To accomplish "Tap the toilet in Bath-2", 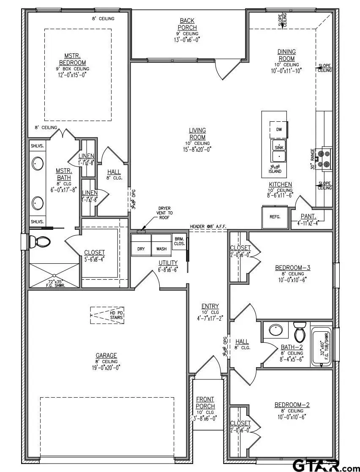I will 300,332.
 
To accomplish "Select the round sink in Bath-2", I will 277,330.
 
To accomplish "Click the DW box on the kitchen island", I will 279,129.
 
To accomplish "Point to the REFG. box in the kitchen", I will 275,217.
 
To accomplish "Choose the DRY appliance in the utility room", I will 141,248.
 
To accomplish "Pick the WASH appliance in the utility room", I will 161,248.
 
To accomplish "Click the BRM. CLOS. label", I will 179,240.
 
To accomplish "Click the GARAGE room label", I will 106,355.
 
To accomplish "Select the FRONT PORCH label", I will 205,403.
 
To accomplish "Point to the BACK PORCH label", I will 187,24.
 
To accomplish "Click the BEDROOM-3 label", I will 293,267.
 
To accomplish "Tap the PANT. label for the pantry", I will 305,216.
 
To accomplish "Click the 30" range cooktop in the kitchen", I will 325,159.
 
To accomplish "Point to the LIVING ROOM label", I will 197,134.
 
